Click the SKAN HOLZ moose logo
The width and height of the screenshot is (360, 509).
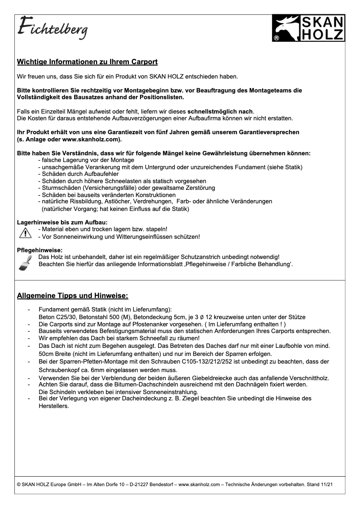point(308,28)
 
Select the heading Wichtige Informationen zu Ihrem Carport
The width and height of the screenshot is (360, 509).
point(87,61)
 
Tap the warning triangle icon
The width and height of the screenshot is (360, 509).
point(25,233)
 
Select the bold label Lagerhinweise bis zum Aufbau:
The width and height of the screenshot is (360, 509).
point(62,222)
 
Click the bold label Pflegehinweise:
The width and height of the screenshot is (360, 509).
point(40,250)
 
